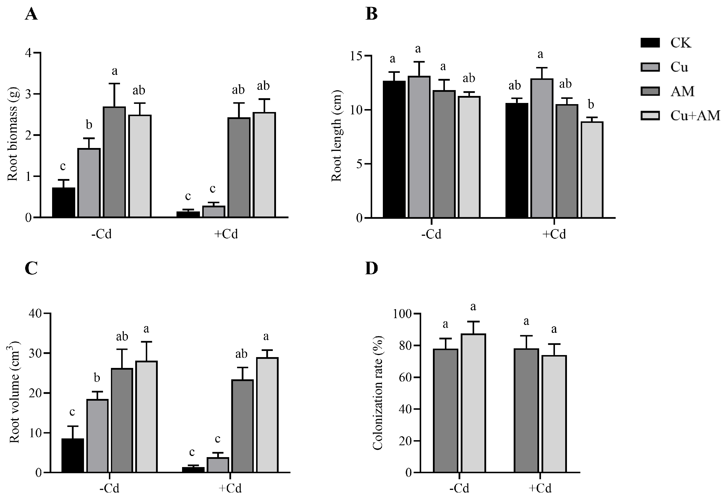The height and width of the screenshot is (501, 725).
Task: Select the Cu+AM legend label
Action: [x=695, y=116]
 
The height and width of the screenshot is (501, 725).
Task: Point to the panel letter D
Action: [x=371, y=269]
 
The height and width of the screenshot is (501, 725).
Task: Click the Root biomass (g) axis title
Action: [x=13, y=134]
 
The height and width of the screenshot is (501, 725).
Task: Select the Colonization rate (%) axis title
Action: [x=378, y=393]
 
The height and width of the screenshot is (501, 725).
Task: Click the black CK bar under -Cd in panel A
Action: [x=64, y=202]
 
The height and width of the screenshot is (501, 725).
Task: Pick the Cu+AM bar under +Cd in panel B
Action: [x=592, y=170]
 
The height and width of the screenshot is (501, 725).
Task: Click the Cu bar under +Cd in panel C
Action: [x=218, y=464]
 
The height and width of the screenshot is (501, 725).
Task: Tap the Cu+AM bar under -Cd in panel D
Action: [x=473, y=403]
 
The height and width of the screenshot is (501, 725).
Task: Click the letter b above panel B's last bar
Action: [x=591, y=104]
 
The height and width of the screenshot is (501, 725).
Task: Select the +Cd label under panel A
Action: [x=226, y=234]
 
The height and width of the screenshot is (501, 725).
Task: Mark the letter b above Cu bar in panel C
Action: [x=97, y=378]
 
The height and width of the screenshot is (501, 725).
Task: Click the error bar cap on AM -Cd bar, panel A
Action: [x=114, y=84]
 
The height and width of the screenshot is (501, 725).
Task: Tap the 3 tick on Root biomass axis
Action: [x=29, y=94]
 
